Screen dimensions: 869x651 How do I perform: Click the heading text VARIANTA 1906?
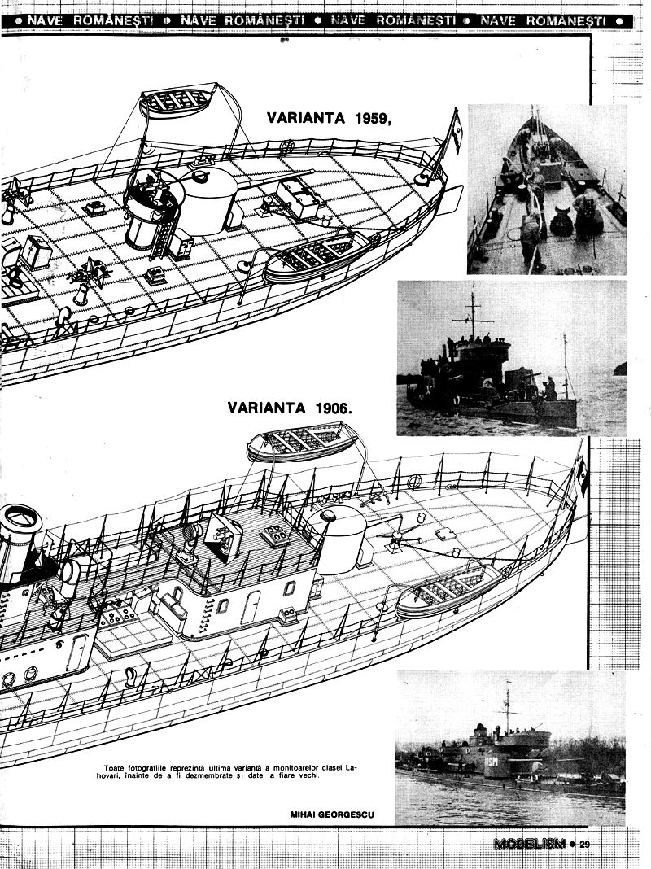290,408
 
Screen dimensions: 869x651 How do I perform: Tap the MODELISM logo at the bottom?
529,844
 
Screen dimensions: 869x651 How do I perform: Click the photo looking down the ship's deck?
547,189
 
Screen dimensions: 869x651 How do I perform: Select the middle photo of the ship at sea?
511,358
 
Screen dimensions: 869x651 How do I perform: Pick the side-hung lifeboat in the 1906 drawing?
448,589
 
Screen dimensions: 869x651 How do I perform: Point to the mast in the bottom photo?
507,708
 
